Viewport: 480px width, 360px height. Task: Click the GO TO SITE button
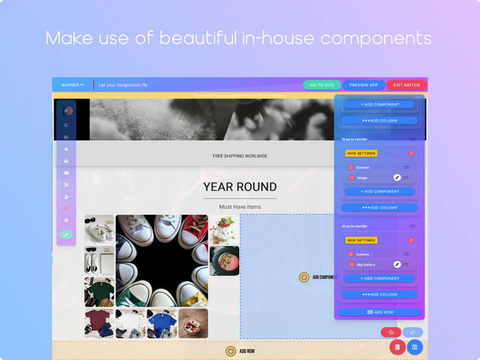point(322,85)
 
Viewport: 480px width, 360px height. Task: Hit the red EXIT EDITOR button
point(406,85)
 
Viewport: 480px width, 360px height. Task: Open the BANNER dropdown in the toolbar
point(73,85)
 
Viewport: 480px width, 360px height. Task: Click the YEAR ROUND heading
point(240,187)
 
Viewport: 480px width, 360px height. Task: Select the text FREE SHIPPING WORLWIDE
point(240,156)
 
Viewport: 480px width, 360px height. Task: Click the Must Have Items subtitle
point(240,206)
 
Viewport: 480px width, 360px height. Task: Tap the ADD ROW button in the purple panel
point(379,312)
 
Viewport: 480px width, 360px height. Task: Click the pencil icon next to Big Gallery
point(397,265)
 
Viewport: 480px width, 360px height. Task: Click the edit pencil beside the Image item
point(397,178)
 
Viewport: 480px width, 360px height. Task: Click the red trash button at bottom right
point(397,347)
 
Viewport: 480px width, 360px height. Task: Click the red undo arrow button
point(391,333)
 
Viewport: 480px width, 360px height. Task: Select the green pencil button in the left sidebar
point(66,235)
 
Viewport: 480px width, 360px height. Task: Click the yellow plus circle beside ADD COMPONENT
point(304,277)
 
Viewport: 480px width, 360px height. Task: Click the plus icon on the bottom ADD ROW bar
point(231,351)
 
